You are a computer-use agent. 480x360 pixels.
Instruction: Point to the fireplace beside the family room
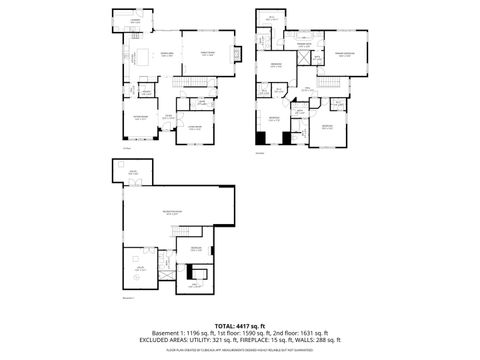(x=237, y=54)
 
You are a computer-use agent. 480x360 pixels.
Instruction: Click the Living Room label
(x=196, y=128)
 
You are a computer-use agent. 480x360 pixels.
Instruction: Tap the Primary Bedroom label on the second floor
(x=345, y=55)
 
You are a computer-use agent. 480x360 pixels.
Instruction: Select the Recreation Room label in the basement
(x=173, y=213)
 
